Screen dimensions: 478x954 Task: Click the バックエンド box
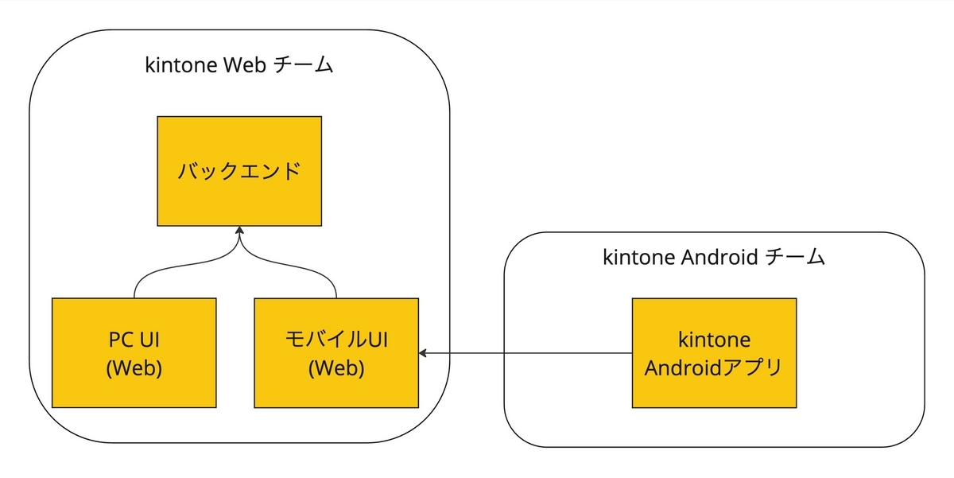click(x=239, y=171)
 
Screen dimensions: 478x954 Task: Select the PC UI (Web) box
click(x=134, y=352)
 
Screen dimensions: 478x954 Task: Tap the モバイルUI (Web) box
click(x=336, y=352)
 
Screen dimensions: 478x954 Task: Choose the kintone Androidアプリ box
click(x=714, y=352)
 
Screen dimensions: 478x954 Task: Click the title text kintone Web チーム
click(x=238, y=66)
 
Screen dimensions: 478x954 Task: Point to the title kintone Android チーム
click(x=714, y=257)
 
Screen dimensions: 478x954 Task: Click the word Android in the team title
click(x=712, y=257)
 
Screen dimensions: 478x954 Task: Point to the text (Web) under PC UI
click(x=134, y=369)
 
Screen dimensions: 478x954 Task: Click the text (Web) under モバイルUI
click(x=336, y=369)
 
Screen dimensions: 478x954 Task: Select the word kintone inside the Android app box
click(x=714, y=340)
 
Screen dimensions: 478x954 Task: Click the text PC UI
click(x=134, y=340)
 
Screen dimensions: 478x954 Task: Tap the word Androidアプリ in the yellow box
click(x=714, y=367)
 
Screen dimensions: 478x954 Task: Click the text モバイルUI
click(x=336, y=340)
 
